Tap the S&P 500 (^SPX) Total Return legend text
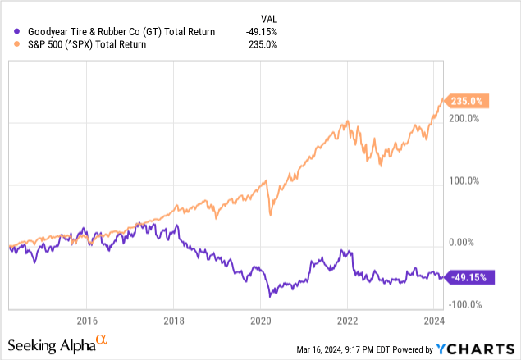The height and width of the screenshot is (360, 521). click(87, 44)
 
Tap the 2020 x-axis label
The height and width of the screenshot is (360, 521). click(260, 320)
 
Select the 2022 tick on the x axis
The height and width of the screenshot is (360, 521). click(347, 320)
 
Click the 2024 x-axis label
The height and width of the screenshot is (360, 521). click(434, 320)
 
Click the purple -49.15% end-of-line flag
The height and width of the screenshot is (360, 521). click(471, 277)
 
